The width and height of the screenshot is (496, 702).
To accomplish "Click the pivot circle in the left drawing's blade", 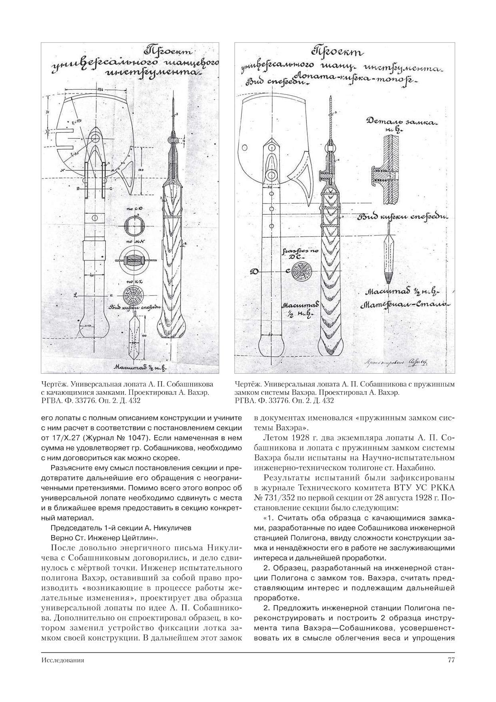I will coord(96,138).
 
